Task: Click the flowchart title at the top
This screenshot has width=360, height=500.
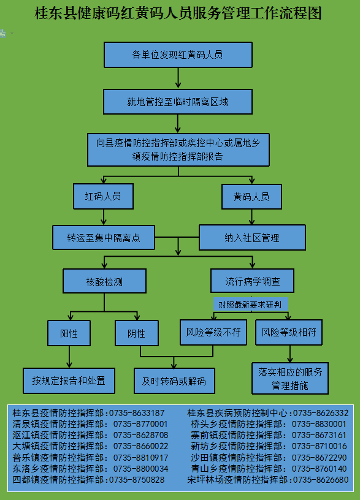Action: [178, 13]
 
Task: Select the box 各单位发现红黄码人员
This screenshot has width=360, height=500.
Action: [178, 55]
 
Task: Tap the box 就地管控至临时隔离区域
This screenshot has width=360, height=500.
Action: [178, 102]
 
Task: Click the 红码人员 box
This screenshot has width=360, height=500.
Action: [103, 196]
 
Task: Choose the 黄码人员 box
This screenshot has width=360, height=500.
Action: [251, 197]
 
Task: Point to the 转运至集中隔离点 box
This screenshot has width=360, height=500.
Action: [104, 238]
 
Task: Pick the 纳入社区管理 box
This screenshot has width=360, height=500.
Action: [252, 238]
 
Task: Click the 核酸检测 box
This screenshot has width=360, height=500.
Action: [104, 281]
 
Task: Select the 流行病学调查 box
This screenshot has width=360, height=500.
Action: [252, 281]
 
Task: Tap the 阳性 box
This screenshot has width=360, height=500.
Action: [69, 333]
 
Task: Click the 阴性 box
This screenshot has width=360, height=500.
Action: [137, 333]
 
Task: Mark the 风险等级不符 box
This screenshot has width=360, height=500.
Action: [213, 332]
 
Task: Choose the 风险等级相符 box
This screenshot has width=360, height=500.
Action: [288, 332]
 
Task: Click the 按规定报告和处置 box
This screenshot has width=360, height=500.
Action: [69, 381]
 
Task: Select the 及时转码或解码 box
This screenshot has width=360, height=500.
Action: [174, 381]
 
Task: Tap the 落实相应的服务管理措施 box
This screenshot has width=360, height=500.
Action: [290, 379]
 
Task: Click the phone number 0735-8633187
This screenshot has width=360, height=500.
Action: [137, 413]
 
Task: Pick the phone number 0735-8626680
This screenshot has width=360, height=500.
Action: [321, 480]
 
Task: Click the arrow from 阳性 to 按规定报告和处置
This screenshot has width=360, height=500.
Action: [69, 357]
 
